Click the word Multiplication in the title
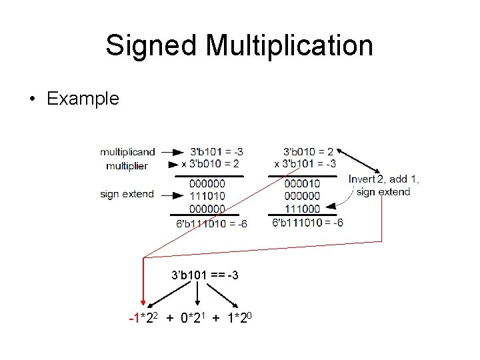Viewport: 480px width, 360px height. pos(289,46)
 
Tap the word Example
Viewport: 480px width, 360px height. pos(83,99)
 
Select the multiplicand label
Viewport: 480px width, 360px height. pos(127,152)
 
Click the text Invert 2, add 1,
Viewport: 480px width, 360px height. pos(384,179)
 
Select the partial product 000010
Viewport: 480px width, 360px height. pos(301,184)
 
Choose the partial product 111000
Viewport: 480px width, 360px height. pos(301,208)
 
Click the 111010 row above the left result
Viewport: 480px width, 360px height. pos(207,196)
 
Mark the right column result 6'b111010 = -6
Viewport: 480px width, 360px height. pos(307,223)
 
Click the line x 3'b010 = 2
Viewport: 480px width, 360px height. pos(210,164)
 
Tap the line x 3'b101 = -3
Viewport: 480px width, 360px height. pos(305,164)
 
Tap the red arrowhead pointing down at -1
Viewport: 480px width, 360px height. pos(142,305)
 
